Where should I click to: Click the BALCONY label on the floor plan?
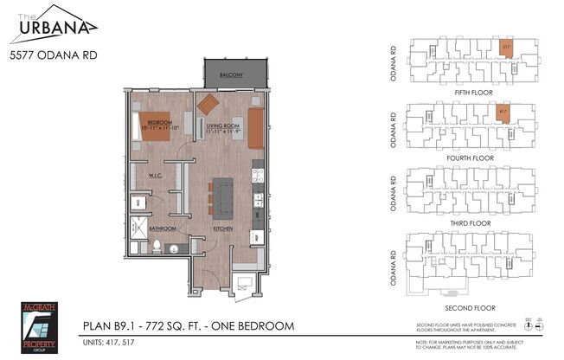click(231, 75)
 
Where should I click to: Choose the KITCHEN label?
click(225, 228)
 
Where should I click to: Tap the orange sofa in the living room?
click(256, 128)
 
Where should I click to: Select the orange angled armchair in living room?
click(209, 104)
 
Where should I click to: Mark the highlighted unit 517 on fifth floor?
click(504, 49)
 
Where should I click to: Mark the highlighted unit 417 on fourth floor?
click(503, 113)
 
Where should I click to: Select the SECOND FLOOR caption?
click(471, 306)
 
